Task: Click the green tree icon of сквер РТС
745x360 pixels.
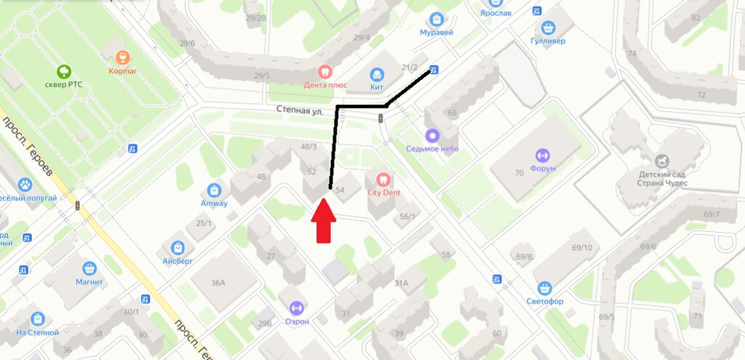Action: (65, 71)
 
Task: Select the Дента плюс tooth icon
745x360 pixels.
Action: (324, 71)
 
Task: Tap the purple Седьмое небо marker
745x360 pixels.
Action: (433, 135)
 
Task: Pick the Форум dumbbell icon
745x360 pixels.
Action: (542, 155)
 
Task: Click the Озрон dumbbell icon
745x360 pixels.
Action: (296, 308)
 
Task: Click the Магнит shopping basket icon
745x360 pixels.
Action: (90, 268)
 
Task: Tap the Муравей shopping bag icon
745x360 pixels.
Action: (437, 19)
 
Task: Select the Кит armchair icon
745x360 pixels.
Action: (377, 73)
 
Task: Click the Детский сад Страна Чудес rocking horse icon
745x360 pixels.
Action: (662, 160)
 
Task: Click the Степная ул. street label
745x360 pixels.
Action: (299, 109)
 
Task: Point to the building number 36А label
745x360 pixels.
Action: (218, 284)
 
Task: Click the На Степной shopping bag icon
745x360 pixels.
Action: (37, 318)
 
